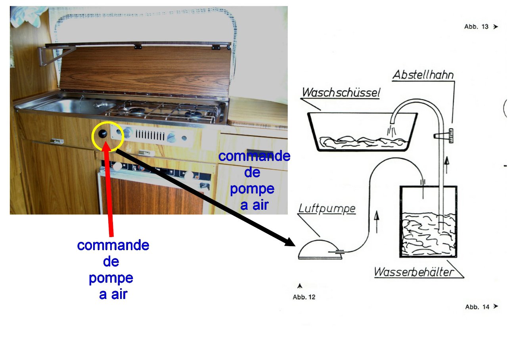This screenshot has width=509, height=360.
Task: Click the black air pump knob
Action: click(x=103, y=134)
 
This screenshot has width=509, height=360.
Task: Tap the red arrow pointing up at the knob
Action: click(x=111, y=186)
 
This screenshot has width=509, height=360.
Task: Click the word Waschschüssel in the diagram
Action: click(x=341, y=93)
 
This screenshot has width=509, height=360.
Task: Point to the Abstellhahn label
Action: click(x=423, y=75)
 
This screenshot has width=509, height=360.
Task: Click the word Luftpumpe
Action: click(x=327, y=208)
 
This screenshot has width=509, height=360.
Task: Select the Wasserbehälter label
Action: click(x=413, y=272)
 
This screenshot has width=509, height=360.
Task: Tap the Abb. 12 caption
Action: click(x=304, y=297)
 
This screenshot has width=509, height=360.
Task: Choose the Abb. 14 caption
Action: click(x=477, y=306)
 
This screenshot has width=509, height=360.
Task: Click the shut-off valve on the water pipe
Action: click(x=444, y=136)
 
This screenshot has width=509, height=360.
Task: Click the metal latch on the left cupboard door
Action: click(x=57, y=141)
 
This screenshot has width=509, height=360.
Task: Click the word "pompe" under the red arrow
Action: click(x=111, y=278)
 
